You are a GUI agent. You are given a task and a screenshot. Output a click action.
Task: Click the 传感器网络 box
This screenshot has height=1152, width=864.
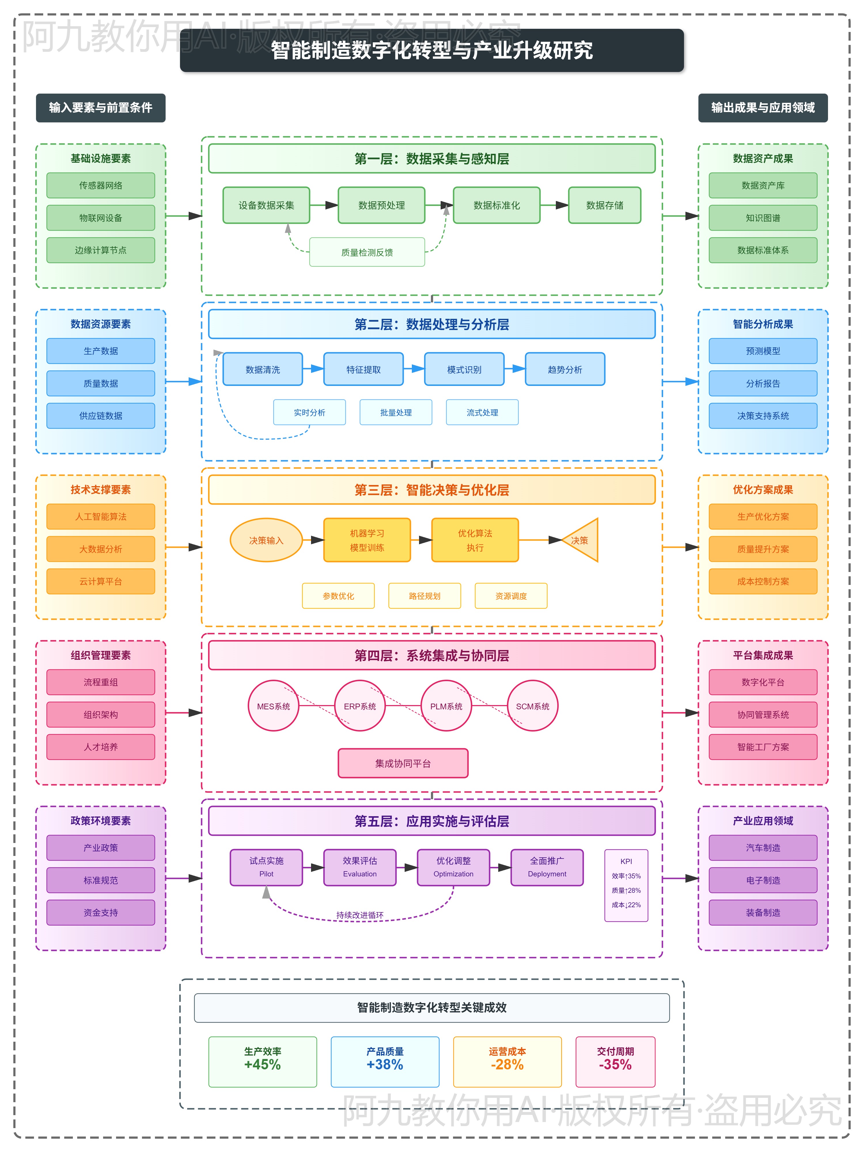click(x=101, y=185)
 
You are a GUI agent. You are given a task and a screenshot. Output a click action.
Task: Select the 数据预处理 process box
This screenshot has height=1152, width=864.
click(x=381, y=205)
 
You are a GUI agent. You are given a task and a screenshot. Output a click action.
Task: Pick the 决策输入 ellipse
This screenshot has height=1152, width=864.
click(x=266, y=540)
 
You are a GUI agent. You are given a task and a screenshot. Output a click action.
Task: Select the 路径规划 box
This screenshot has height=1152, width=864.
click(x=425, y=596)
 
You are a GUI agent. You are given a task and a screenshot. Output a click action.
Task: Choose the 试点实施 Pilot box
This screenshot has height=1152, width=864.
click(x=266, y=867)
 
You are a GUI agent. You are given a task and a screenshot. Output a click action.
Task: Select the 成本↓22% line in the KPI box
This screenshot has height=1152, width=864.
click(x=626, y=905)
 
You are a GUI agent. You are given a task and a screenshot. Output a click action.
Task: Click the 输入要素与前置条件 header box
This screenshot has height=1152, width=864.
click(x=101, y=108)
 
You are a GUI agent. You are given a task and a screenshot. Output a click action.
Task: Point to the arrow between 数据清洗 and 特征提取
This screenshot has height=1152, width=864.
click(x=313, y=369)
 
